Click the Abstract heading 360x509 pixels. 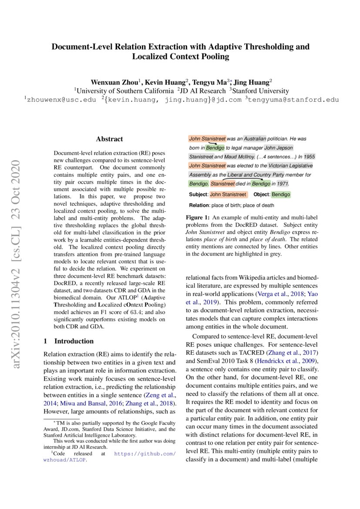click(x=109, y=139)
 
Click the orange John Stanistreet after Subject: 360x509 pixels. click(x=228, y=194)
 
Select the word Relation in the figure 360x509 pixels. click(x=199, y=205)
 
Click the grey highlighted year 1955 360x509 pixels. click(x=310, y=156)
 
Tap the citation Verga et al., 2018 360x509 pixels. click(x=276, y=294)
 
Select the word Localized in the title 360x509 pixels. click(x=151, y=57)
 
